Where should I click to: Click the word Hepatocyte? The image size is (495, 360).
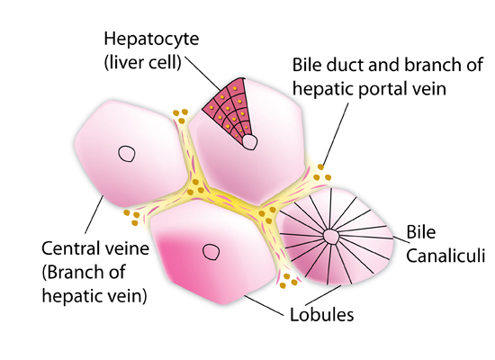pos(151,40)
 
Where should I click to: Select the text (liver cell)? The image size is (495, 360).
pos(143,62)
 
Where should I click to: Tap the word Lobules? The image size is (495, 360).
pos(321,315)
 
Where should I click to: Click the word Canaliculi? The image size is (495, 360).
pos(445,256)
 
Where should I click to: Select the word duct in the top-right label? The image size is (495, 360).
pos(345,65)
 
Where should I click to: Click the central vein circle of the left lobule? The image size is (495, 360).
pos(127,154)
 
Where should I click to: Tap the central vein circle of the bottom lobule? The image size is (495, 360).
pos(211,252)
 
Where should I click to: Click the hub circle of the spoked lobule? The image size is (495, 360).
pos(331,237)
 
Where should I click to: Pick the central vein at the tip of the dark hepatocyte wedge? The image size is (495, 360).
pos(249,142)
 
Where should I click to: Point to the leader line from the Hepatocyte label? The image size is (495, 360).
pos(202,73)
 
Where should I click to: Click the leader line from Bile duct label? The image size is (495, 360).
pos(336,134)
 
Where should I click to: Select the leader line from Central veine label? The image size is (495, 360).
pos(94,215)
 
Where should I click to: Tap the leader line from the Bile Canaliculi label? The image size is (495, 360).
pos(400,240)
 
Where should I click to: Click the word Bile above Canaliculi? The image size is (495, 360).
pos(421,232)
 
